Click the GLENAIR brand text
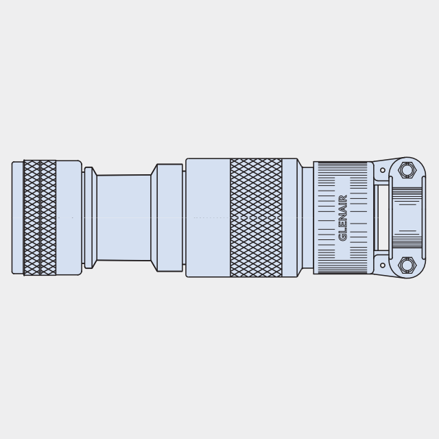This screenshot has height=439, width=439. pyautogui.click(x=343, y=217)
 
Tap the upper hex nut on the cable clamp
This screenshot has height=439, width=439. pyautogui.click(x=407, y=170)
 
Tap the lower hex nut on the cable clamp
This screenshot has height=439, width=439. pyautogui.click(x=407, y=265)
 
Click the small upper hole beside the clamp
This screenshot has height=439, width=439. pyautogui.click(x=383, y=170)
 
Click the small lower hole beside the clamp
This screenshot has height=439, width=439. pyautogui.click(x=383, y=265)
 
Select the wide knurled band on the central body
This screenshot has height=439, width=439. pyautogui.click(x=256, y=217)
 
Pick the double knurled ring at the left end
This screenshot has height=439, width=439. pyautogui.click(x=40, y=217)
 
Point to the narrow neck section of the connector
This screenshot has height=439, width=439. pyautogui.click(x=123, y=217)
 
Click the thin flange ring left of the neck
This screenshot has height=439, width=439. pyautogui.click(x=88, y=217)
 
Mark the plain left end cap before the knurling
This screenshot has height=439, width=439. pyautogui.click(x=17, y=217)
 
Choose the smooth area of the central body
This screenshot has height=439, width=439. pyautogui.click(x=208, y=217)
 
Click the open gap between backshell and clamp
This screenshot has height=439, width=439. pyautogui.click(x=382, y=217)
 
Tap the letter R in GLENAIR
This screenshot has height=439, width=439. pyautogui.click(x=343, y=198)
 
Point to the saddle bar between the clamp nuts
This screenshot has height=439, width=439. pyautogui.click(x=407, y=217)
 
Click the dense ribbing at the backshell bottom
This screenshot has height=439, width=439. pyautogui.click(x=342, y=268)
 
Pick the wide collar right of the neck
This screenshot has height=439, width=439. pyautogui.click(x=169, y=217)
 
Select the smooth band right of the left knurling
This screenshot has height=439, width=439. pyautogui.click(x=69, y=217)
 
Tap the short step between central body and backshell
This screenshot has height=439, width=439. pyautogui.click(x=307, y=217)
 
